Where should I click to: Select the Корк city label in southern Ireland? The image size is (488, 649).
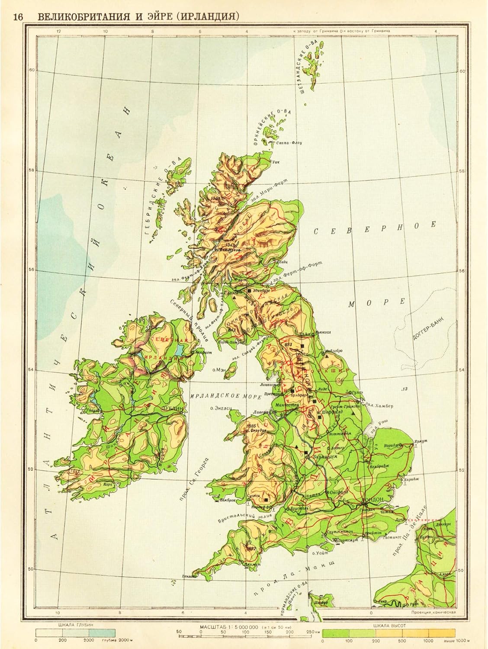[x=108, y=485]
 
